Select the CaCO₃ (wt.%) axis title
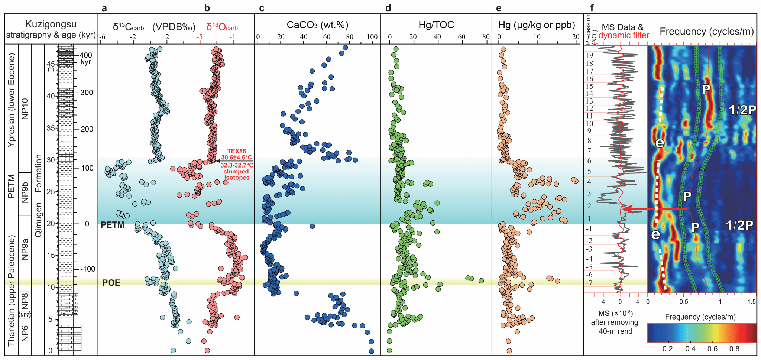[317, 25]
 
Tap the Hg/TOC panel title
[436, 25]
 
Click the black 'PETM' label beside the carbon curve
[112, 225]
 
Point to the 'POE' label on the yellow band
[111, 283]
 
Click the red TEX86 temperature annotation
[237, 154]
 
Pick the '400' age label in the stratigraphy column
[85, 55]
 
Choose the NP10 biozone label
[25, 108]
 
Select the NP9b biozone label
[25, 192]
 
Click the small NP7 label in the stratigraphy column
[25, 315]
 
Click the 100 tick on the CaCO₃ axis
[372, 37]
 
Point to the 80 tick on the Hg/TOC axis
[486, 37]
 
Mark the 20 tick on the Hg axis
[576, 37]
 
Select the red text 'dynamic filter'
[624, 35]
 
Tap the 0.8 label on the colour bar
[734, 349]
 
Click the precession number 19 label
[589, 55]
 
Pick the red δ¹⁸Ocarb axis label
[222, 27]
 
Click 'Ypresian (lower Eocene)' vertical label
[12, 100]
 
